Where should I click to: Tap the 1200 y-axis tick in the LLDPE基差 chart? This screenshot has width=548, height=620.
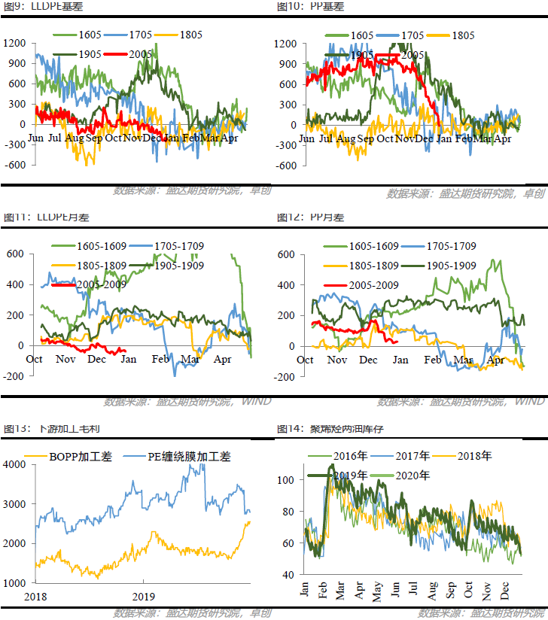[x=14, y=44]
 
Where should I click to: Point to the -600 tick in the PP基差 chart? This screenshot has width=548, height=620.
[x=286, y=166]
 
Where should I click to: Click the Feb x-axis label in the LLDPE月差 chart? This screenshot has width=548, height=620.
[x=160, y=359]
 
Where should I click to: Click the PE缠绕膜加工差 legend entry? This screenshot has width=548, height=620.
[x=188, y=456]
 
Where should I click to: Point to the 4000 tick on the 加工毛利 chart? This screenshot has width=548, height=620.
[x=15, y=464]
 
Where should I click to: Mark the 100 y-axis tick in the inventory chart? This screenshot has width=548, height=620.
[x=286, y=479]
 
